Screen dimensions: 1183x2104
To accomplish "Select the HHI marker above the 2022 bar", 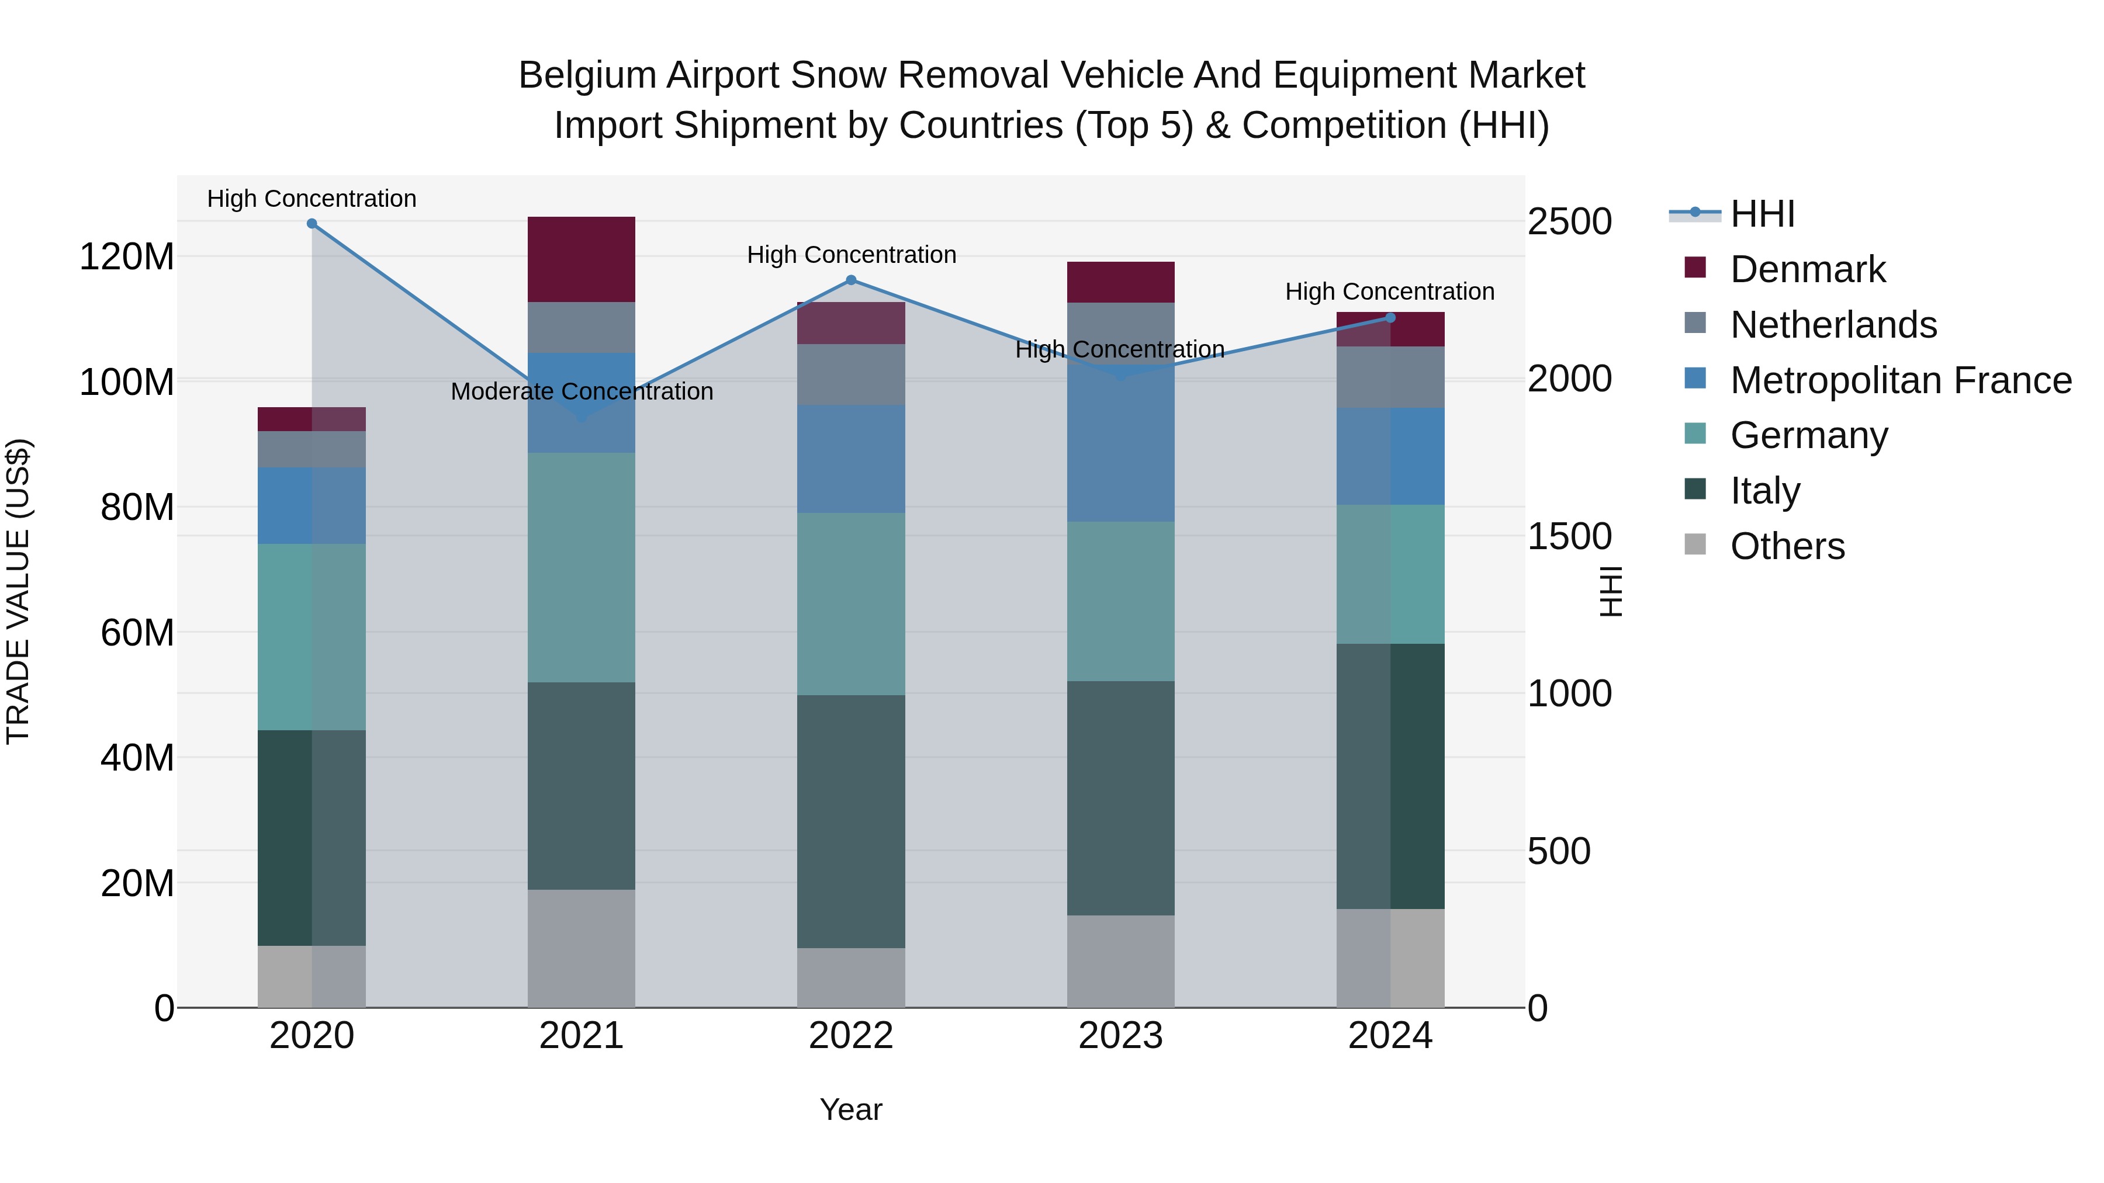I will point(850,280).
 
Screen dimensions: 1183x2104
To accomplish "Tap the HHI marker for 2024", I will point(1390,318).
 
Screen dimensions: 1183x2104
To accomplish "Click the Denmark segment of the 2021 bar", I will point(581,259).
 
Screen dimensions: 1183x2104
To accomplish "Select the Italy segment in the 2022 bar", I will point(850,821).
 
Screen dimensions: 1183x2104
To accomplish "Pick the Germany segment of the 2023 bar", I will point(1120,601).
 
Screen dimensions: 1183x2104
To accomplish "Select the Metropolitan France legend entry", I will point(1900,380).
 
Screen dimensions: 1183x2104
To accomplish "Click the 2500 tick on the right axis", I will point(1569,221).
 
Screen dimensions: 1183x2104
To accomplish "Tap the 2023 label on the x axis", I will point(1120,1036).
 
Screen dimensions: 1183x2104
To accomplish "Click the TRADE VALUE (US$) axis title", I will point(18,591).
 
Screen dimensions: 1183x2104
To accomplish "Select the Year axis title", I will point(850,1109).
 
